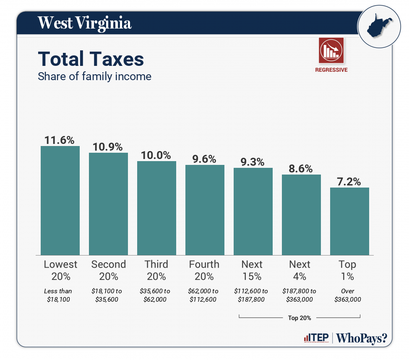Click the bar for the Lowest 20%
click(x=60, y=200)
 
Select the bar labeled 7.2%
click(x=349, y=221)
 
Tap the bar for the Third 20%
click(x=156, y=208)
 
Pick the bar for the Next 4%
click(x=301, y=214)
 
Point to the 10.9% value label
click(x=108, y=147)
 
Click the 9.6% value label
click(x=204, y=159)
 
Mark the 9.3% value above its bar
click(x=253, y=162)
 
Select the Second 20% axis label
click(x=108, y=270)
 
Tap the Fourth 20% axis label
click(x=204, y=270)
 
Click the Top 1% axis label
click(x=347, y=270)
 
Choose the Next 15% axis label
click(x=252, y=270)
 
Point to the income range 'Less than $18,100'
click(x=58, y=295)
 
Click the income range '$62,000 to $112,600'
click(x=204, y=295)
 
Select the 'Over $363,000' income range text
click(x=347, y=295)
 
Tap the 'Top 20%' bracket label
click(x=300, y=318)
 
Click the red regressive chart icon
click(x=331, y=50)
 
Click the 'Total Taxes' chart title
click(x=91, y=59)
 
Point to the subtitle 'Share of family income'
click(x=94, y=77)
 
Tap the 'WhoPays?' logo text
click(x=362, y=338)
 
